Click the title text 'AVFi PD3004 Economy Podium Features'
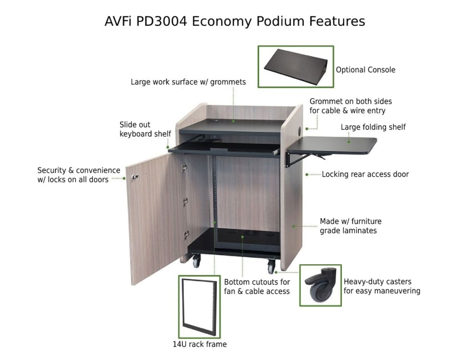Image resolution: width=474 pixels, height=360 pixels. pos(234,21)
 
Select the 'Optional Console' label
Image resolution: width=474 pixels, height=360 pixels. pos(365,70)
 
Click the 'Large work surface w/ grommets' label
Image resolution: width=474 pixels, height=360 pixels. pos(188,82)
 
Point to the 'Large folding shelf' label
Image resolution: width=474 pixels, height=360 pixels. pos(373,127)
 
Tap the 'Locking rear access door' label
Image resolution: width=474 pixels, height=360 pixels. pos(365,174)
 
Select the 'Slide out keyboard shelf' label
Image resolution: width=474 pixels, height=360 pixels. pos(145,129)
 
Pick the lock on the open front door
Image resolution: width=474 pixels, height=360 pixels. pos(135,177)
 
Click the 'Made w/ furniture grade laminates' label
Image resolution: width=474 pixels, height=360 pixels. pos(350,226)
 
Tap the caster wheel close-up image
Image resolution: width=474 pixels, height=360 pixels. pos(321,285)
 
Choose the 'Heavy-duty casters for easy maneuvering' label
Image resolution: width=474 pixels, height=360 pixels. pos(382,286)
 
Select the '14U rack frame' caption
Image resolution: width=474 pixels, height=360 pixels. pos(199,345)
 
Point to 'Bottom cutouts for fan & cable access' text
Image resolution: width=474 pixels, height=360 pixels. pos(257,287)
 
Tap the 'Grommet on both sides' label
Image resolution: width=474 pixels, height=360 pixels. pos(350,106)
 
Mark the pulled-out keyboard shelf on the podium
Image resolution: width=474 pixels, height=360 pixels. pos(223,149)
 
